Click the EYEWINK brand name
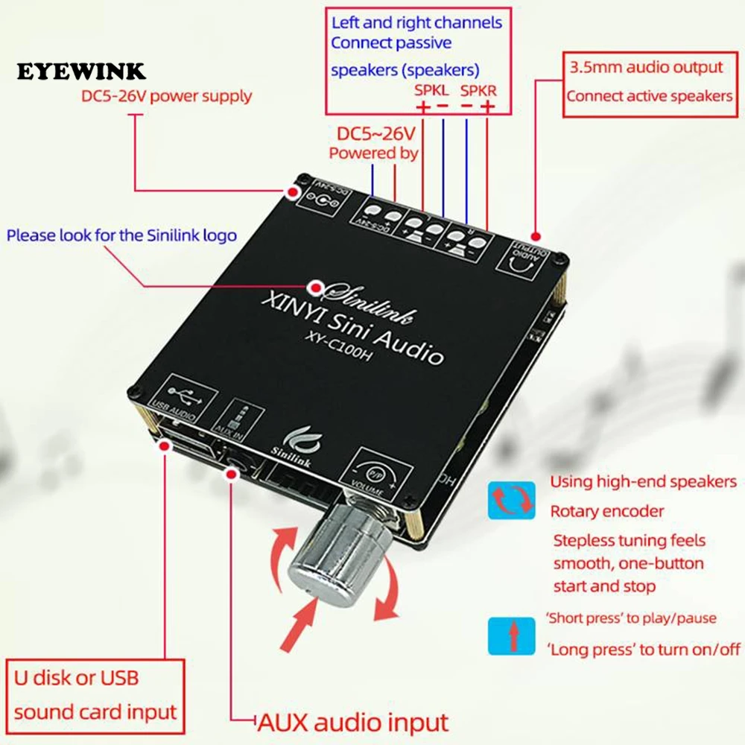pyautogui.click(x=82, y=72)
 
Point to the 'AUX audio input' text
pyautogui.click(x=353, y=721)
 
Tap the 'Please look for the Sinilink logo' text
pyautogui.click(x=122, y=236)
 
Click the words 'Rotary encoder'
pyautogui.click(x=606, y=512)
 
